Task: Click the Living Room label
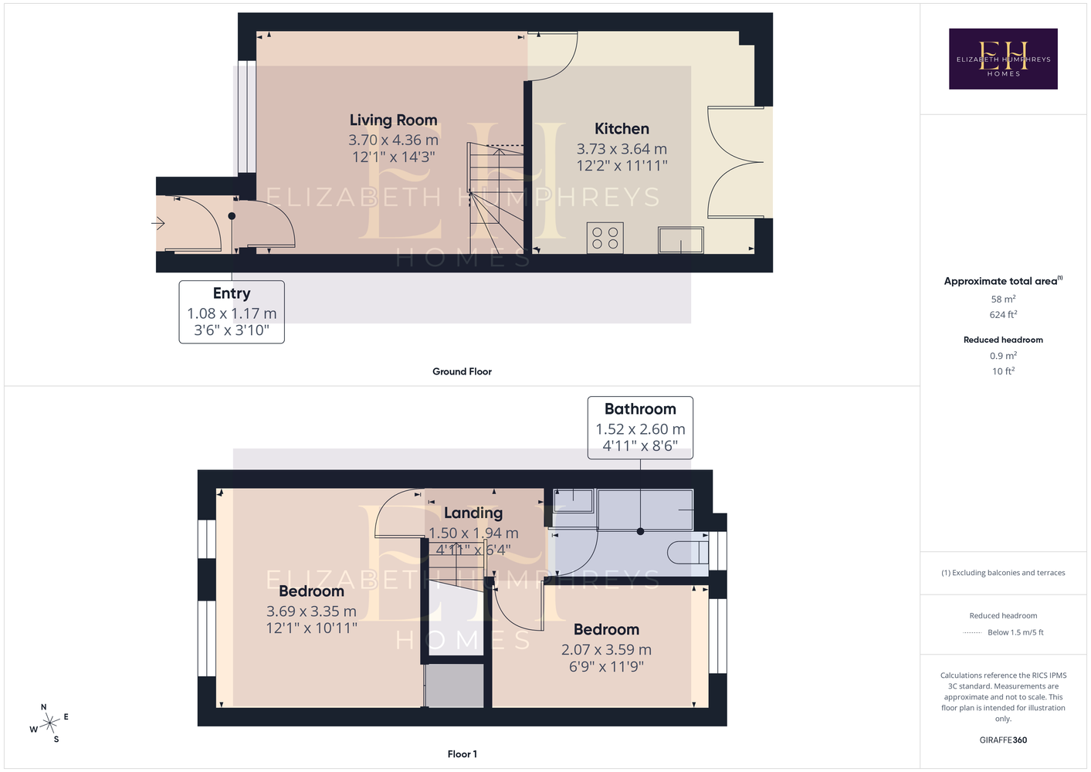(393, 120)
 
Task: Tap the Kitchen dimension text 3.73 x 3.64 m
(622, 148)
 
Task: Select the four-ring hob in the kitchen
(605, 238)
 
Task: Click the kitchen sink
(680, 239)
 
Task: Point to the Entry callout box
(232, 312)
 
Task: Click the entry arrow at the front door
(158, 224)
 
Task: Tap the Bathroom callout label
(640, 408)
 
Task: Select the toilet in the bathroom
(687, 552)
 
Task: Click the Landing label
(473, 513)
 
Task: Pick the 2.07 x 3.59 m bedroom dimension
(606, 649)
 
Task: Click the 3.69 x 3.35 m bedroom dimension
(311, 611)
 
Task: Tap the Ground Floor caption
(462, 371)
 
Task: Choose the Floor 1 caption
(462, 754)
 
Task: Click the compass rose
(49, 723)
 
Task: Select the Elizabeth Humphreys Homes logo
(1003, 59)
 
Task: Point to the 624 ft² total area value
(1003, 314)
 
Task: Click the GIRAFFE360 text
(1003, 740)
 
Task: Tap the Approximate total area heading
(1003, 280)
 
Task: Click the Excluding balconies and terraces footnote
(1003, 573)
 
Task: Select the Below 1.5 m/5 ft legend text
(1015, 632)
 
